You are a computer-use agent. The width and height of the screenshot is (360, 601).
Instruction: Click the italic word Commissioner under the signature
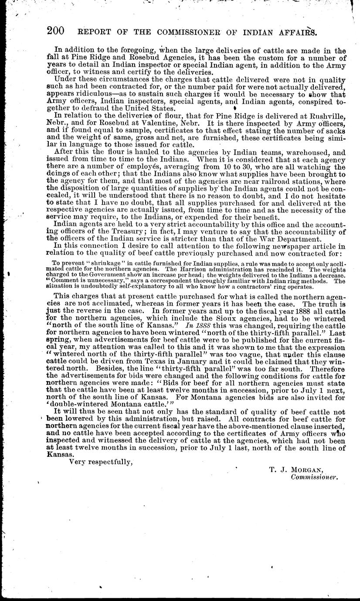(314, 477)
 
